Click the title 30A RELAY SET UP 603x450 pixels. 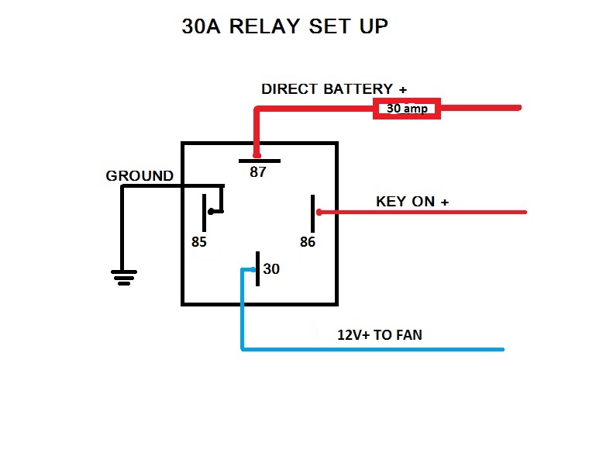[284, 26]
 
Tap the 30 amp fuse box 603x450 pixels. [408, 109]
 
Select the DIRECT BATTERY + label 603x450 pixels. [334, 88]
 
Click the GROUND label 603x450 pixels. [140, 176]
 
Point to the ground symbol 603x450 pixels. [124, 276]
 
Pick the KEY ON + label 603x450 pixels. [412, 202]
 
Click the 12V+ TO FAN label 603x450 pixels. [380, 335]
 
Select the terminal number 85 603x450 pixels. [199, 241]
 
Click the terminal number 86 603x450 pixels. [308, 241]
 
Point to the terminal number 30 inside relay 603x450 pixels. [271, 269]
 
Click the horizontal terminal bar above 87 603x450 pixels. [259, 161]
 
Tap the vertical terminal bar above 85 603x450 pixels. [205, 211]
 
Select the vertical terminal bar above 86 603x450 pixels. [313, 212]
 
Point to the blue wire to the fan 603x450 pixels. [372, 350]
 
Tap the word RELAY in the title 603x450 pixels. [266, 26]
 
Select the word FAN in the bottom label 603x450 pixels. [408, 335]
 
